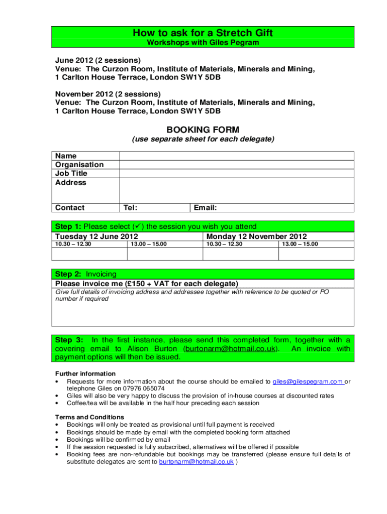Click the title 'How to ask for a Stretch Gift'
click(x=203, y=33)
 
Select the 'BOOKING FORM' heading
click(x=203, y=130)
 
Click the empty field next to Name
click(x=236, y=156)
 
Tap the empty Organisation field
click(x=236, y=165)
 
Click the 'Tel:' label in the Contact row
click(x=131, y=208)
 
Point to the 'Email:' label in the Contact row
click(x=206, y=208)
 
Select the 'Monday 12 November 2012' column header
click(x=256, y=236)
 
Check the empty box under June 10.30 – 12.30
click(x=89, y=254)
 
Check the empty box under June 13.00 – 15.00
click(x=165, y=254)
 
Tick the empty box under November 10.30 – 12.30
click(x=240, y=254)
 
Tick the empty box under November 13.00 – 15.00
click(x=316, y=254)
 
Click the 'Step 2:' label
click(x=68, y=274)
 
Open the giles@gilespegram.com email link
click(x=308, y=381)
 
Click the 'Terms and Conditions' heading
click(x=89, y=417)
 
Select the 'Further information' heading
click(x=85, y=374)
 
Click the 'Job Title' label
click(x=71, y=174)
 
